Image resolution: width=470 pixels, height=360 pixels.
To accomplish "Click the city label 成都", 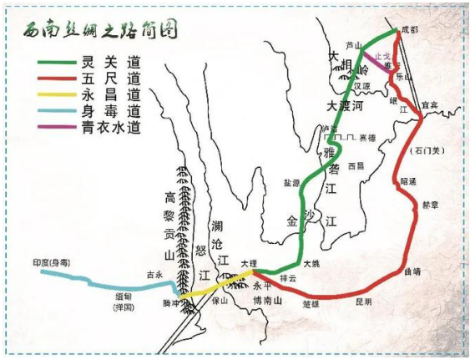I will [409, 29].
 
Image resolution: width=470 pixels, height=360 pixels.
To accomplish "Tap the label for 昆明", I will [364, 301].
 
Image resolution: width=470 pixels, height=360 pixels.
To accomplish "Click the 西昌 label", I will [356, 165].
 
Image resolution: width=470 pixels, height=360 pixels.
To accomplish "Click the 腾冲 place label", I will [174, 302].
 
